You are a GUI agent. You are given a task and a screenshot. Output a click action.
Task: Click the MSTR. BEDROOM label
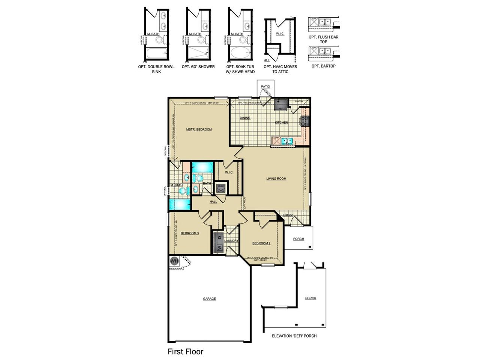pos(199,129)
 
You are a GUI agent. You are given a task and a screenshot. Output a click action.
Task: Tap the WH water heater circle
pos(174,261)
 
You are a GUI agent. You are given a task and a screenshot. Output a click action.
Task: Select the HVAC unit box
pos(220,187)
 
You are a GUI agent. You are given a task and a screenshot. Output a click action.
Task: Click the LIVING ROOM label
pos(276,178)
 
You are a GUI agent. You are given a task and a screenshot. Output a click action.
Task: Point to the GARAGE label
pos(209,299)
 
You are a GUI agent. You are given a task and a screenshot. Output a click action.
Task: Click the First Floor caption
pos(185,352)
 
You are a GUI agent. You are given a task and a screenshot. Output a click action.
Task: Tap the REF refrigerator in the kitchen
pos(280,105)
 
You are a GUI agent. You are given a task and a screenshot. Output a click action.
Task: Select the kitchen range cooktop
pos(305,121)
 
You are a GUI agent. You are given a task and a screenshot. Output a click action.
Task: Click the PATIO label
pos(265,87)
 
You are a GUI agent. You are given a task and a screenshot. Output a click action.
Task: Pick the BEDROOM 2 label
pos(261,243)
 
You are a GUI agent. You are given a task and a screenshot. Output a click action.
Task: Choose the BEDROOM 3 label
pos(189,233)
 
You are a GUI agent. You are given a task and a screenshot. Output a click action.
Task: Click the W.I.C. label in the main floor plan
pos(229,172)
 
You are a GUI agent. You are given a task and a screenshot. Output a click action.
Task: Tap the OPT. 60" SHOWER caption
pos(198,67)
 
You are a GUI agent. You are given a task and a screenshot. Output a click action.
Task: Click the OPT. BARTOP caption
pos(323,66)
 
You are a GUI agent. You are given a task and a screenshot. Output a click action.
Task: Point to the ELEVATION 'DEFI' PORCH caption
pos(294,336)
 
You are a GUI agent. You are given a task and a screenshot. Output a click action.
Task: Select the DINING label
pos(245,118)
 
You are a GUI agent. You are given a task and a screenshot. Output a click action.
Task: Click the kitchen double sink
pos(287,141)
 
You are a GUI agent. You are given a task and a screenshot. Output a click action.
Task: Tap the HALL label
pos(213,202)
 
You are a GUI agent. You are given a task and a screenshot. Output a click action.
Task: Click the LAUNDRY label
pos(231,241)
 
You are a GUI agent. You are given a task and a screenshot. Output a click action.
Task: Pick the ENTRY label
pos(288,215)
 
